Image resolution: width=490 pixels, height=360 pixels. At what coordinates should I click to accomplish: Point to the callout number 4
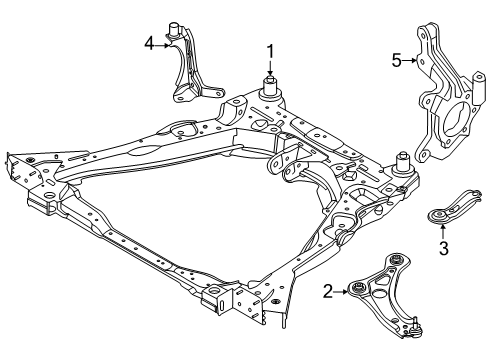[x=149, y=43]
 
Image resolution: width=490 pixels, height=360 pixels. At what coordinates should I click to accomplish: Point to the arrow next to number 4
[x=163, y=43]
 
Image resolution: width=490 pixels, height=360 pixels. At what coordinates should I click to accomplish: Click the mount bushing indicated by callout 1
[x=269, y=84]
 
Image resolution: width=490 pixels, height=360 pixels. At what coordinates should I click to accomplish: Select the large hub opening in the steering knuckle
[x=447, y=114]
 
